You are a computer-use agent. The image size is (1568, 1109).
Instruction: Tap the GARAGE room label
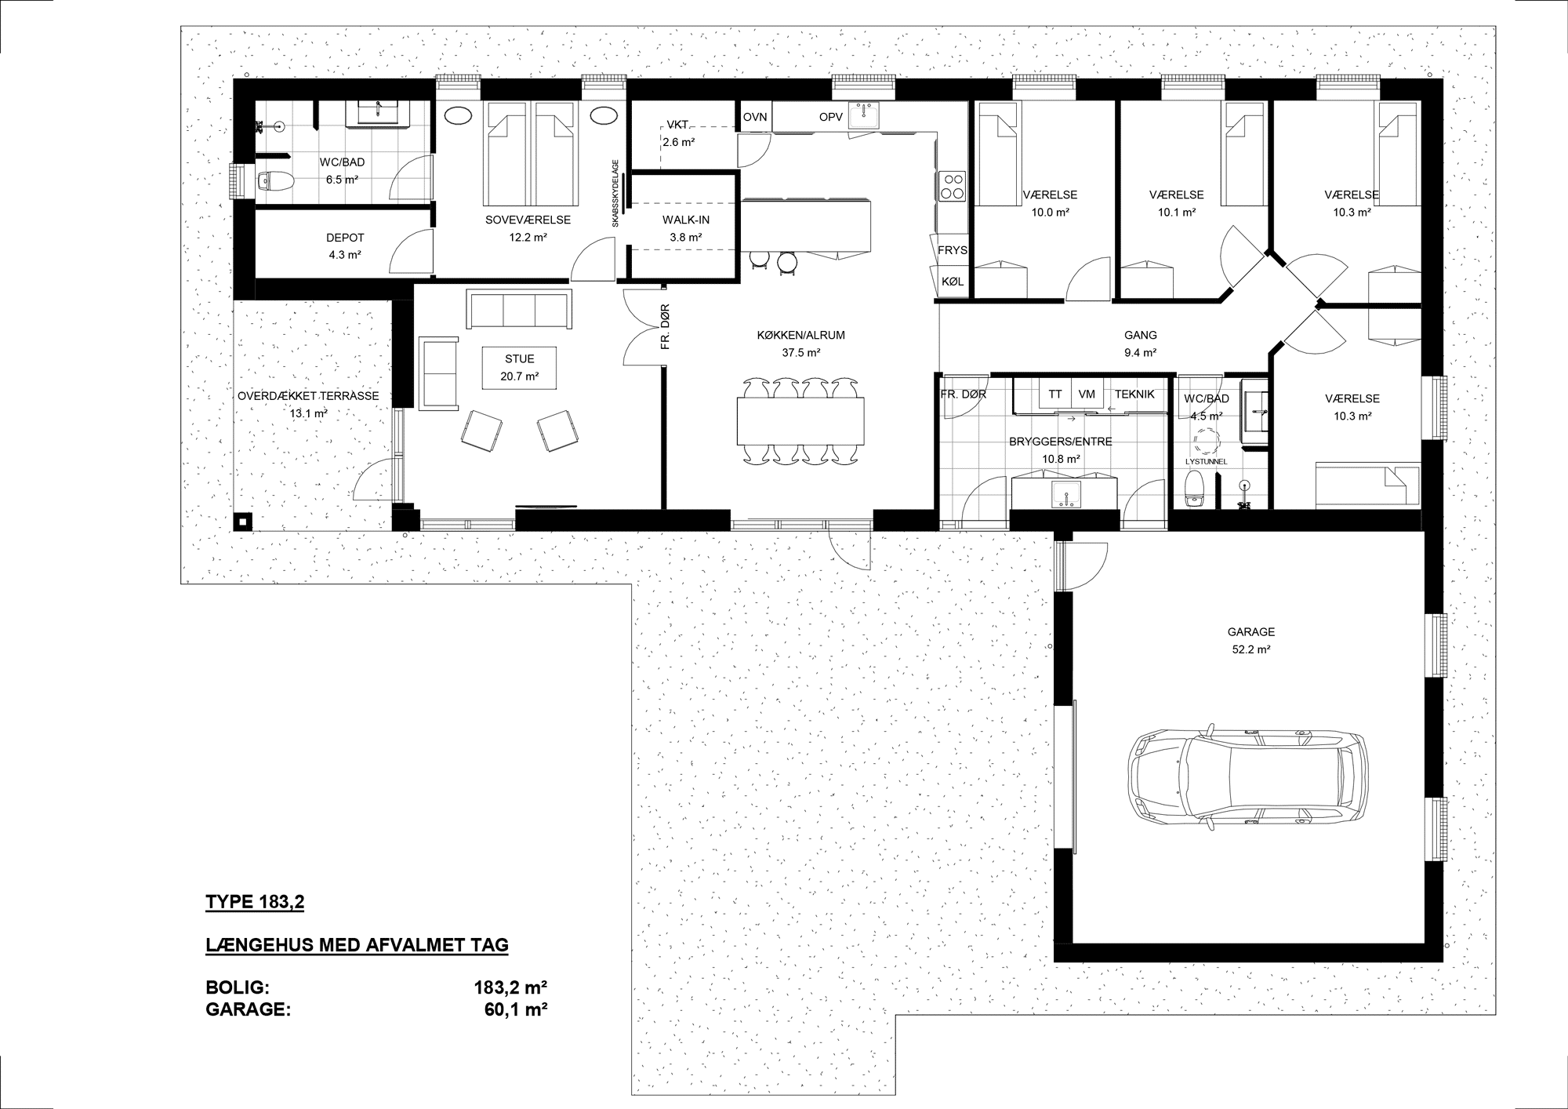click(x=1251, y=632)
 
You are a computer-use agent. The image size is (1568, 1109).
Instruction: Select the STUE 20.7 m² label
click(x=520, y=368)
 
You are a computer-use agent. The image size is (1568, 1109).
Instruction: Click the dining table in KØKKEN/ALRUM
click(x=800, y=421)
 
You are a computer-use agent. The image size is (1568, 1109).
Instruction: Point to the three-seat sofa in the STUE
click(x=518, y=309)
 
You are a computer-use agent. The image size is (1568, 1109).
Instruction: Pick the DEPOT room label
click(x=345, y=238)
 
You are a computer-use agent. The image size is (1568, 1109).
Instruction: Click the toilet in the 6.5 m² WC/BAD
click(x=274, y=181)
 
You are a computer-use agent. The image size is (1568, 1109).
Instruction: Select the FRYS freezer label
click(x=953, y=251)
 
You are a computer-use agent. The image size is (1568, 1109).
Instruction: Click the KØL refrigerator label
click(x=953, y=282)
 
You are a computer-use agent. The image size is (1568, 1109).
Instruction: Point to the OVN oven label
click(x=755, y=117)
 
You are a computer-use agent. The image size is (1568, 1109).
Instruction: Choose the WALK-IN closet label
click(x=686, y=220)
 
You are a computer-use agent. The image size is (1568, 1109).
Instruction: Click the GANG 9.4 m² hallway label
click(x=1141, y=344)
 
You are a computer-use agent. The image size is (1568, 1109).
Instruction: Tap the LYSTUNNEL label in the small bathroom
click(x=1207, y=462)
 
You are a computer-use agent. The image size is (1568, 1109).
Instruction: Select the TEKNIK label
click(x=1134, y=395)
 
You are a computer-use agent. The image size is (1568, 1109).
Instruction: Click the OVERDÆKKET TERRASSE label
click(x=308, y=396)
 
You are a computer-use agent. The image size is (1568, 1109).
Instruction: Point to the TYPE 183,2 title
click(x=255, y=903)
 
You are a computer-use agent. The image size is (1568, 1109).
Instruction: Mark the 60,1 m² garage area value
click(x=515, y=1009)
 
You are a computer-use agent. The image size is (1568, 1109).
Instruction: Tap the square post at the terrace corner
click(x=243, y=522)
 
